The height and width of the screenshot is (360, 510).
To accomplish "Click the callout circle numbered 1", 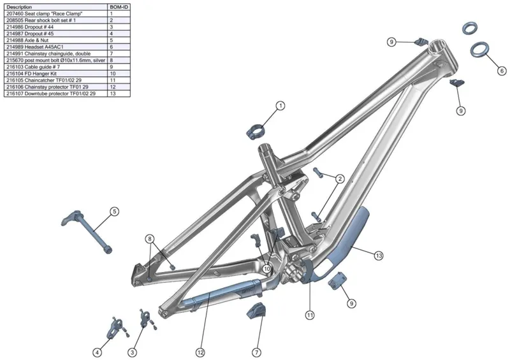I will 280,106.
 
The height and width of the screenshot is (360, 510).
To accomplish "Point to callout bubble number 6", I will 502,70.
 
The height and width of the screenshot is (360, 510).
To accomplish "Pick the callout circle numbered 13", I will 379,255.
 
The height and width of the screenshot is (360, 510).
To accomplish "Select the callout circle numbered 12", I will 200,352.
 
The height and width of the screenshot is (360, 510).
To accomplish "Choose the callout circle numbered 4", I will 98,352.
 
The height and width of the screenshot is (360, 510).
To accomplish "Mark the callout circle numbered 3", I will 133,352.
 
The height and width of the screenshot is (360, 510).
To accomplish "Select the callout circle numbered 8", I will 150,239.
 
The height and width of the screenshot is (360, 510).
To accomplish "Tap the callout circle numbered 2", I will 340,179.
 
